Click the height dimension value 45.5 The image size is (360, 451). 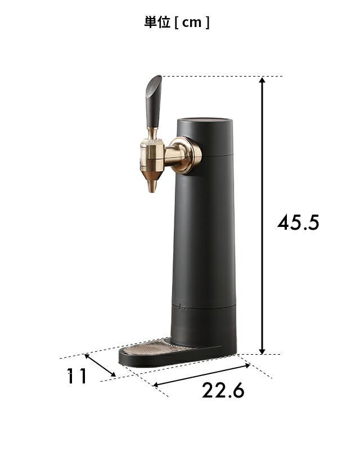298,222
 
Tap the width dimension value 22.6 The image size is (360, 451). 223,390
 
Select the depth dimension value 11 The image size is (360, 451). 76,376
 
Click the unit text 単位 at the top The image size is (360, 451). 157,22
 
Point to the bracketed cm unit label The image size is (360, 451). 192,23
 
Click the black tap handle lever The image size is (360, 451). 154,101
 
